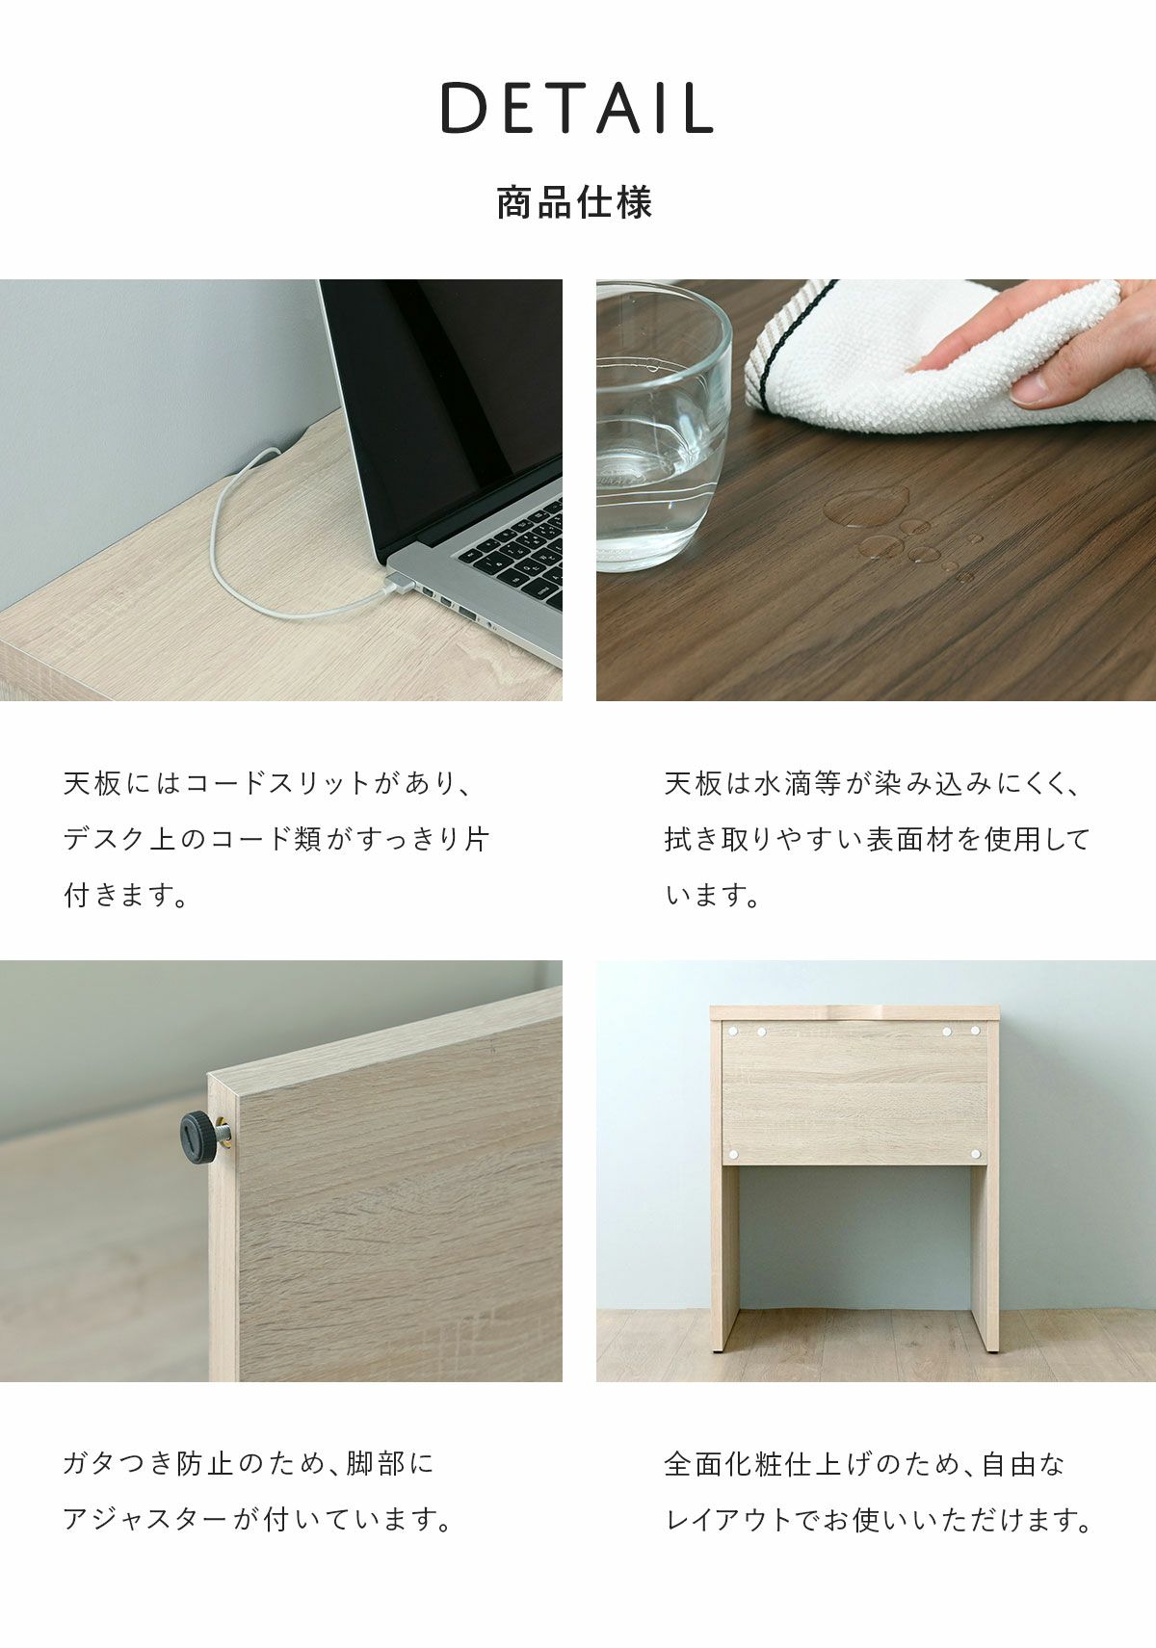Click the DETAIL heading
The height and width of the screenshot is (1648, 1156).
578,108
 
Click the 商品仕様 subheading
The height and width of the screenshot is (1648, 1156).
575,203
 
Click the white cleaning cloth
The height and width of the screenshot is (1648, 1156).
949,356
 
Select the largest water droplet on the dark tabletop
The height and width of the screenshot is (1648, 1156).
866,506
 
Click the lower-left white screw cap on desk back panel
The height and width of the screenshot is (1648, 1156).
732,1154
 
